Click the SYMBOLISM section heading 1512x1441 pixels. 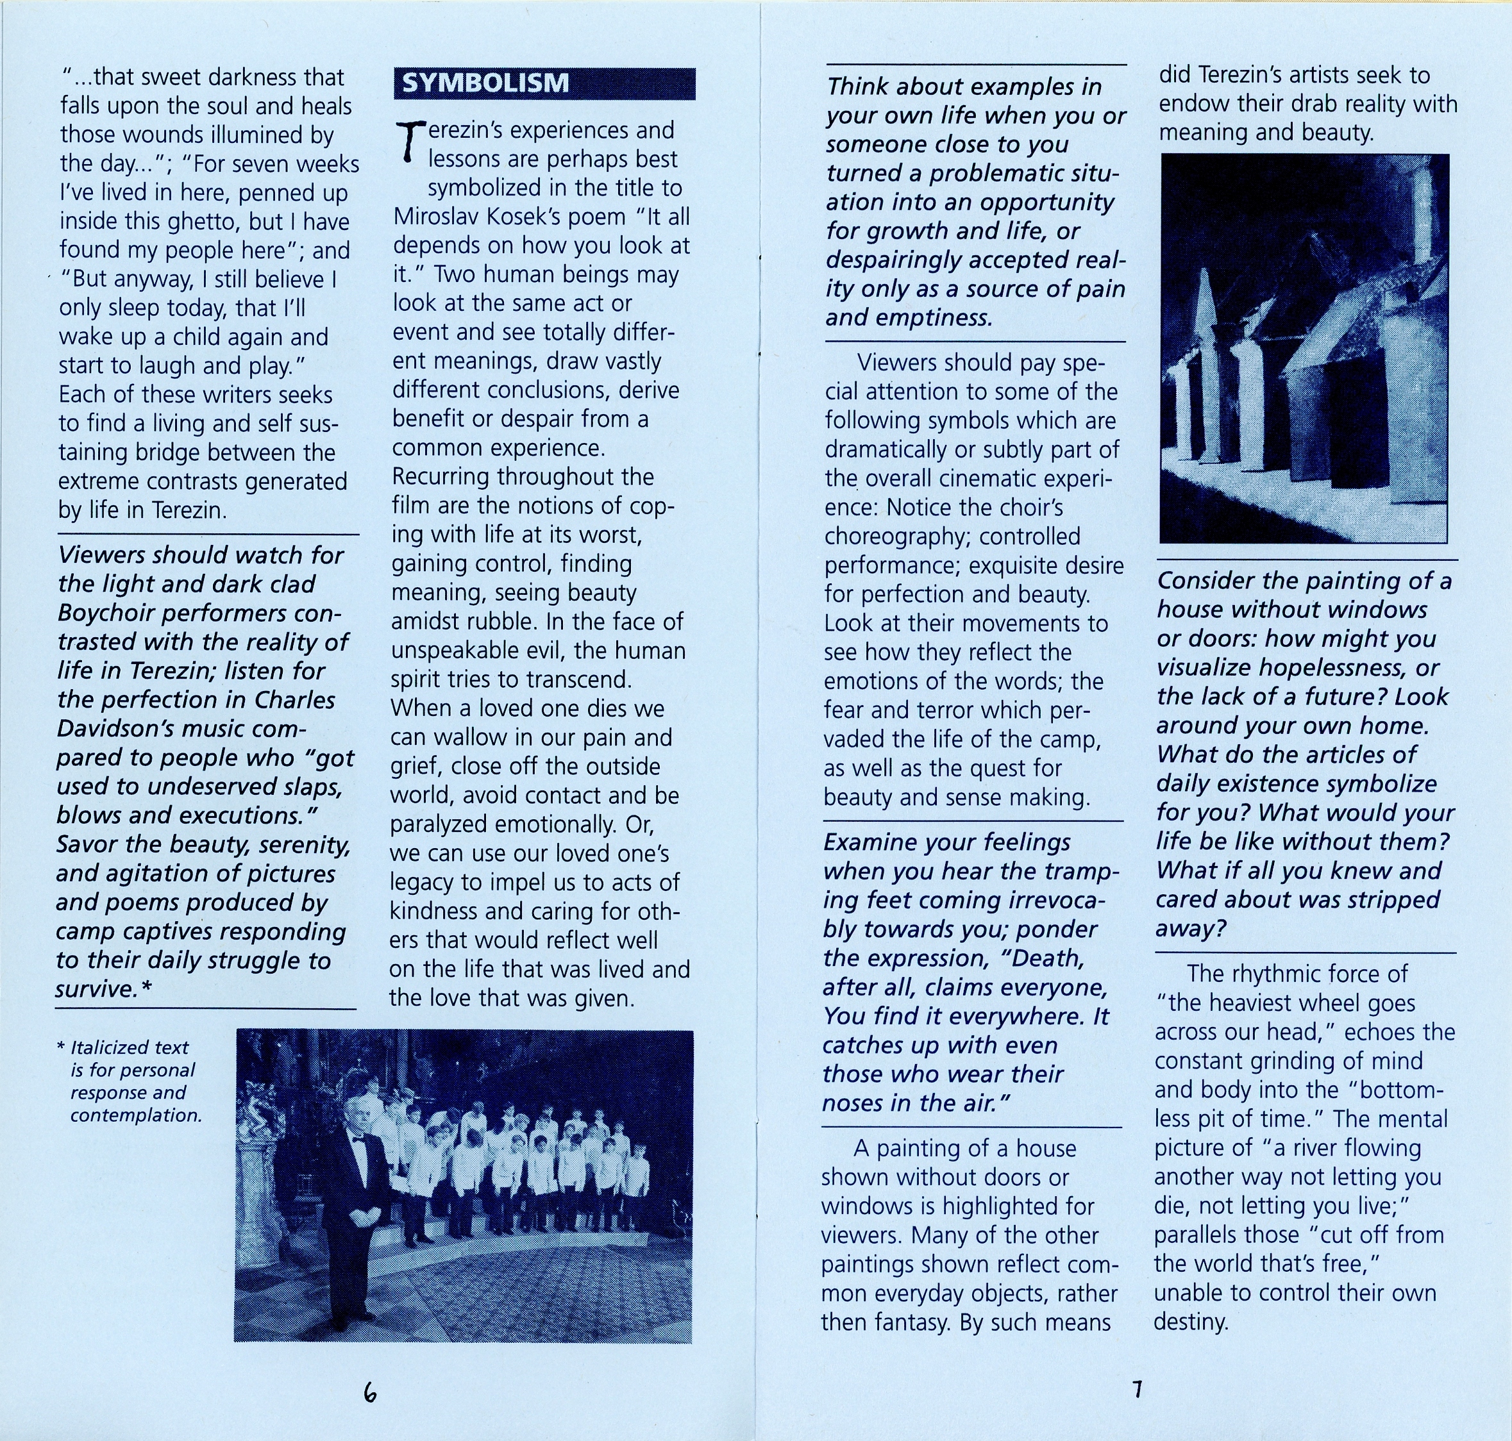485,83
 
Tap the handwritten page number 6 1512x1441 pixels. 371,1391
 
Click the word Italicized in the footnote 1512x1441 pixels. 129,1047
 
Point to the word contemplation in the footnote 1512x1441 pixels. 136,1115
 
